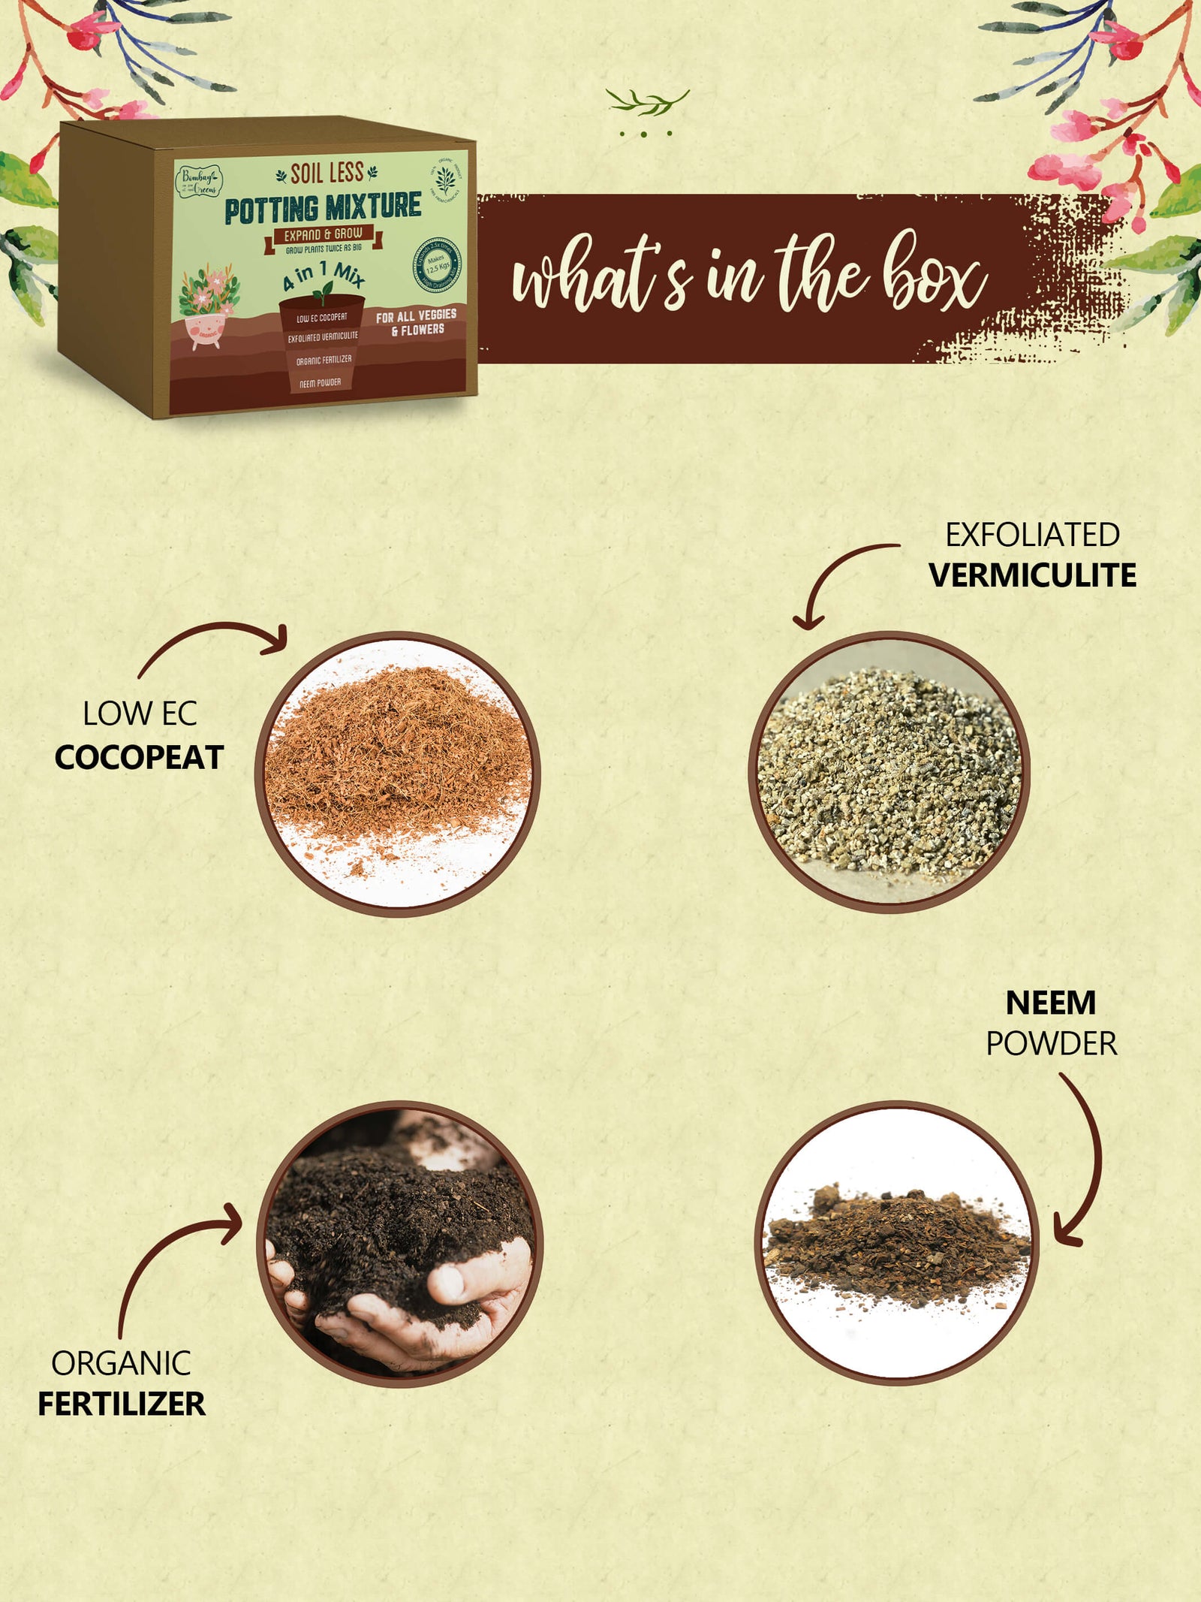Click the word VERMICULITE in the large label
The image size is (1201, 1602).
click(x=1032, y=575)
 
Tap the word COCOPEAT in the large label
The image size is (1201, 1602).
click(x=139, y=757)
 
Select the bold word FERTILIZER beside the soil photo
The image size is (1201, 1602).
click(x=122, y=1403)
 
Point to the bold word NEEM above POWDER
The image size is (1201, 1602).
click(x=1050, y=1003)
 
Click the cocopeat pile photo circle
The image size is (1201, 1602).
click(x=398, y=774)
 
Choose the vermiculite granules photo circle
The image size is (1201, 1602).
click(x=889, y=772)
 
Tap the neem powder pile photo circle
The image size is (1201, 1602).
click(x=897, y=1243)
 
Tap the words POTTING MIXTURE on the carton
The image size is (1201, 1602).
click(x=323, y=208)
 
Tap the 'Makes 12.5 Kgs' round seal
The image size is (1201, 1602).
click(x=437, y=265)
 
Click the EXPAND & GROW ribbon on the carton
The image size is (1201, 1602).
click(x=323, y=235)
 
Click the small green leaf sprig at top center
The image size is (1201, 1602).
click(x=647, y=103)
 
